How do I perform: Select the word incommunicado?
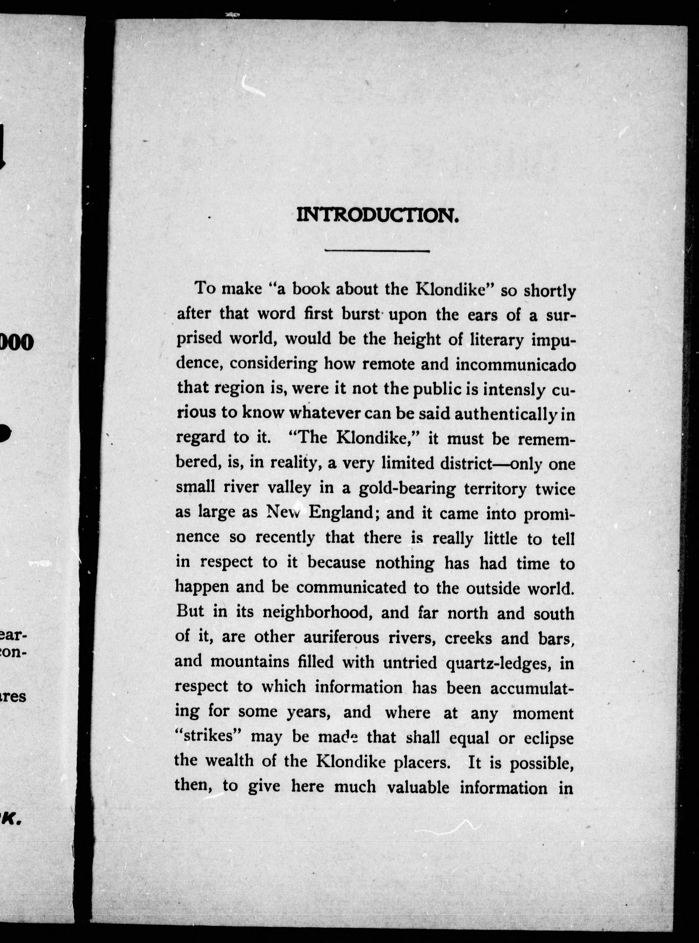pyautogui.click(x=515, y=365)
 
